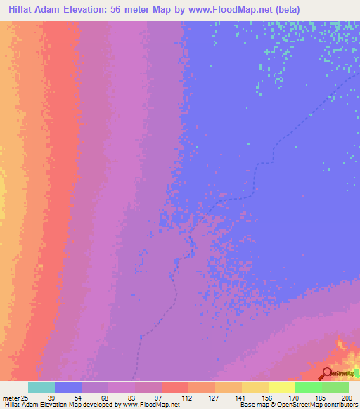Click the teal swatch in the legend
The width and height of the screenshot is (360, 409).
41,387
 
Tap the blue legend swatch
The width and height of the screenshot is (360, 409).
68,387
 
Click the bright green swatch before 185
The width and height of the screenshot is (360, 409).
309,387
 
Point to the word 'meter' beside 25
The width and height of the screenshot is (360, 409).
11,398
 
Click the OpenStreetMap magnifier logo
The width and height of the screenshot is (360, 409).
326,375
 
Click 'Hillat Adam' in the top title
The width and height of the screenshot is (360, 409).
32,10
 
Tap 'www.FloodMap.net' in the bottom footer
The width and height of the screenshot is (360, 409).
150,405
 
